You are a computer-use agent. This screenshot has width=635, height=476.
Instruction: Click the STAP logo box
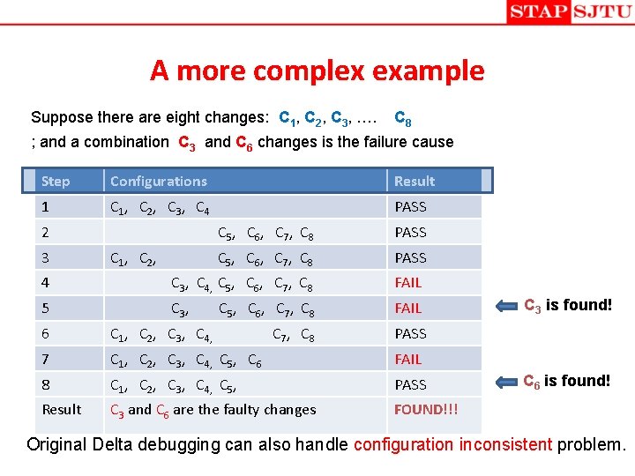coord(538,12)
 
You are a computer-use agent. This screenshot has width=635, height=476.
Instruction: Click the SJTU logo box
coord(601,12)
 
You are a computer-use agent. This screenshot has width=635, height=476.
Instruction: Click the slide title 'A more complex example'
coord(317,71)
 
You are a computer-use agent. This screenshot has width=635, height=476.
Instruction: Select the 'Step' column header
coord(56,181)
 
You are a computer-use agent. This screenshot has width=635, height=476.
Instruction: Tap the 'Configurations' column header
coord(159,181)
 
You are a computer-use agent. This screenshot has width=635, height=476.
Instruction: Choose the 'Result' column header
coord(415,181)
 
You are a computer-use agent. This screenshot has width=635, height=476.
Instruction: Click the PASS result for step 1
coord(410,207)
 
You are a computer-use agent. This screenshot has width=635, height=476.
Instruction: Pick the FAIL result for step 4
coord(408,283)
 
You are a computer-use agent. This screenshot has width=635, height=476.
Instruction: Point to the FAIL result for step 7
coord(408,359)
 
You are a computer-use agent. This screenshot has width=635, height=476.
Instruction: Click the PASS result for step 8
coord(410,384)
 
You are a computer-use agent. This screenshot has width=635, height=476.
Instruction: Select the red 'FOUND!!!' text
coord(425,409)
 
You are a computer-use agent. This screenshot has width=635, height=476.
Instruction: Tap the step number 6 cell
coord(46,333)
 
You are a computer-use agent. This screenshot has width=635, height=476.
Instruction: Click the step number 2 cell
coord(46,232)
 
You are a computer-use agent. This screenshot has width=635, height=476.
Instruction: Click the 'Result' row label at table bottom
coord(62,409)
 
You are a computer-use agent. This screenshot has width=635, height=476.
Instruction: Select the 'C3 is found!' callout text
coord(567,306)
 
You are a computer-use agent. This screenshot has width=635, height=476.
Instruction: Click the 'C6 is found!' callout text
coord(567,381)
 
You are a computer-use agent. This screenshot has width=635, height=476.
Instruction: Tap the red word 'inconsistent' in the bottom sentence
coord(505,444)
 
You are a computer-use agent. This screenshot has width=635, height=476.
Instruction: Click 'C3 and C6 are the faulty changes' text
coord(213,409)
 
